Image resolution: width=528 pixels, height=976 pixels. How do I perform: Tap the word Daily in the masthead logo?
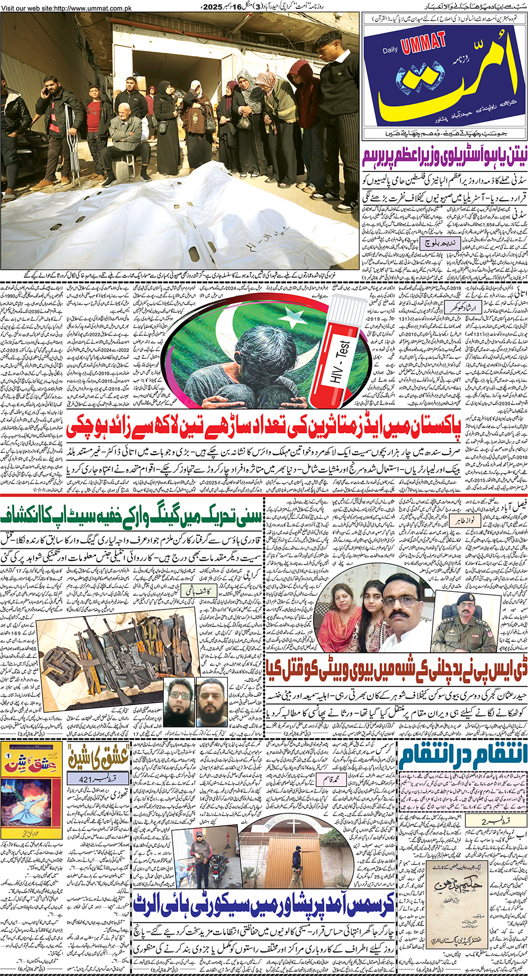(390, 51)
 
